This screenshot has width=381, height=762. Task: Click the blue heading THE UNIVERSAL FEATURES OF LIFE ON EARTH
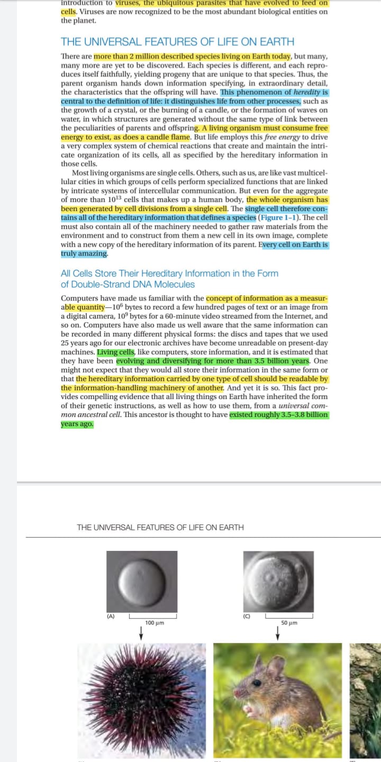point(177,42)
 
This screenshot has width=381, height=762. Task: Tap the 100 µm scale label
point(154,623)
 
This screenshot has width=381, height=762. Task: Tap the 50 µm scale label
point(289,623)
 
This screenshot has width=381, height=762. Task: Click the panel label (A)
point(111,616)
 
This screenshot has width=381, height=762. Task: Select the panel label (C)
point(247,616)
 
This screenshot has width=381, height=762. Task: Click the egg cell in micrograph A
point(142,579)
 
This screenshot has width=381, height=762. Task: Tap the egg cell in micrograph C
point(277,579)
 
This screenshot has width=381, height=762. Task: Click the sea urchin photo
point(142,698)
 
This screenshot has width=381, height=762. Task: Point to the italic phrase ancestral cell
point(93,415)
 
